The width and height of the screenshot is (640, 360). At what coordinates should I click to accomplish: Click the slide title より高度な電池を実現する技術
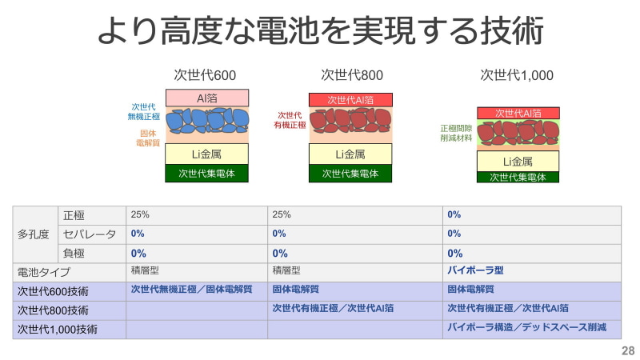click(x=320, y=31)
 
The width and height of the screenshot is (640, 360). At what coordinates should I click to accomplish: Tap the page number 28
click(x=627, y=350)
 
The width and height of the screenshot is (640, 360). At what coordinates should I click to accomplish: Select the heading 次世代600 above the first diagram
click(x=205, y=75)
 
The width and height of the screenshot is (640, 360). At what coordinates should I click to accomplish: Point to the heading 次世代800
click(x=352, y=75)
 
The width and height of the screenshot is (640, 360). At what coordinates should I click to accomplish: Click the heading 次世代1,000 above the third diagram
click(x=517, y=75)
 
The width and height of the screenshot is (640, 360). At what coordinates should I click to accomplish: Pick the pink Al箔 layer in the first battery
click(x=207, y=98)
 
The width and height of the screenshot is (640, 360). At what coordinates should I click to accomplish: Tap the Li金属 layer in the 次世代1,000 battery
click(x=517, y=162)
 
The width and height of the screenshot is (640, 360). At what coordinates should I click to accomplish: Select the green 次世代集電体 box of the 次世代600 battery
click(x=207, y=173)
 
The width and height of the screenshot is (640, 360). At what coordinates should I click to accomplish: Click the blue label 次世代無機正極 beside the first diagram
click(x=144, y=111)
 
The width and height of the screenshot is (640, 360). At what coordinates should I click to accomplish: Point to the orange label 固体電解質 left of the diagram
click(x=149, y=138)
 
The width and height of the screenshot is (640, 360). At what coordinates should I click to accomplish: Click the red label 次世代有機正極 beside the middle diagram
click(x=291, y=120)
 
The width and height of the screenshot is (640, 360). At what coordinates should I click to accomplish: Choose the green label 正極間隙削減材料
click(x=455, y=133)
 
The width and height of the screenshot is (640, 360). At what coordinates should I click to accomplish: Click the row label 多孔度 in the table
click(x=34, y=234)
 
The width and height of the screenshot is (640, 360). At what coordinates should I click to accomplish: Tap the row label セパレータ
click(x=90, y=234)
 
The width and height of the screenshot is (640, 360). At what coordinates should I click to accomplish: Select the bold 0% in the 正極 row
click(x=454, y=214)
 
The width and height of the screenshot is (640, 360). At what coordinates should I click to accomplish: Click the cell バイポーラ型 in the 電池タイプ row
click(x=475, y=271)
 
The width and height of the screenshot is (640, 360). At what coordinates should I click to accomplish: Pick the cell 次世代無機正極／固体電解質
click(x=191, y=290)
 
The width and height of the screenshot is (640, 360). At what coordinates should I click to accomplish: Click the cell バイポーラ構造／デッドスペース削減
click(x=526, y=328)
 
